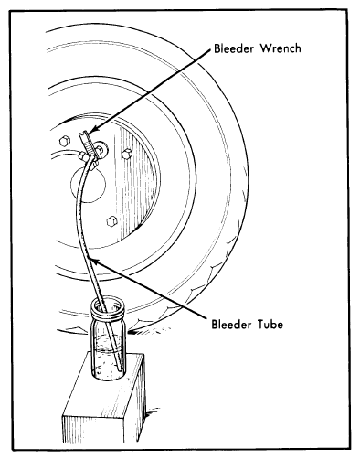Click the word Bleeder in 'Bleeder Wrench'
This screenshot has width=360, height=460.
[x=234, y=48]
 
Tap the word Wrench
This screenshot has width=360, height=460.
[x=280, y=48]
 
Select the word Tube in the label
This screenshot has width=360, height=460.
[x=270, y=324]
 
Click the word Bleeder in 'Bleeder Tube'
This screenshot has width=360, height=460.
[x=231, y=324]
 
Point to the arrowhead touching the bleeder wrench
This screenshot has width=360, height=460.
[x=94, y=130]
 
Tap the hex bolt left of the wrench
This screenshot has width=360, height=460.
[x=64, y=141]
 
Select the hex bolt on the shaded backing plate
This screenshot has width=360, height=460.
[x=127, y=154]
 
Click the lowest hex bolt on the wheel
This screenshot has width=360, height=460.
[x=112, y=221]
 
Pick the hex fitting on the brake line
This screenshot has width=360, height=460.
[x=82, y=156]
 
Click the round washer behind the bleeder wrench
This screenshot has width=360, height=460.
[x=101, y=148]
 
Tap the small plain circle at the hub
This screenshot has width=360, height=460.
[x=88, y=185]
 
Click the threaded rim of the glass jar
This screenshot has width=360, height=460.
[x=108, y=309]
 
